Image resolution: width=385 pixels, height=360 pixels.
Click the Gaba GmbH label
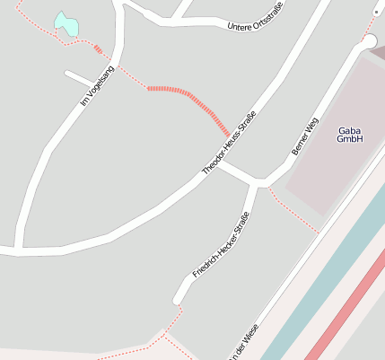coord(349,135)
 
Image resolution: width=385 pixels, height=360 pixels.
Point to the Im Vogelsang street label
coord(98,85)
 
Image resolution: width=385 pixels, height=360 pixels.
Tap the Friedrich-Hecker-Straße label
coord(220,244)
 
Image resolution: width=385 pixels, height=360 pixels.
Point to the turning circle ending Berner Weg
coord(368,42)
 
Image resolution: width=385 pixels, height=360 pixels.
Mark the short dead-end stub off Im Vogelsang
coord(78,78)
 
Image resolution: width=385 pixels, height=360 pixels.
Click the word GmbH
coord(349,140)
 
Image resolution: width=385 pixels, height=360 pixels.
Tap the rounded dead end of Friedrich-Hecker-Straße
coord(179,297)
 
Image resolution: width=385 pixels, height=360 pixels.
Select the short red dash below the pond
coord(97,48)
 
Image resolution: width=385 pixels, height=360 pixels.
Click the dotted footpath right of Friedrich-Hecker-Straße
coord(292,212)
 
